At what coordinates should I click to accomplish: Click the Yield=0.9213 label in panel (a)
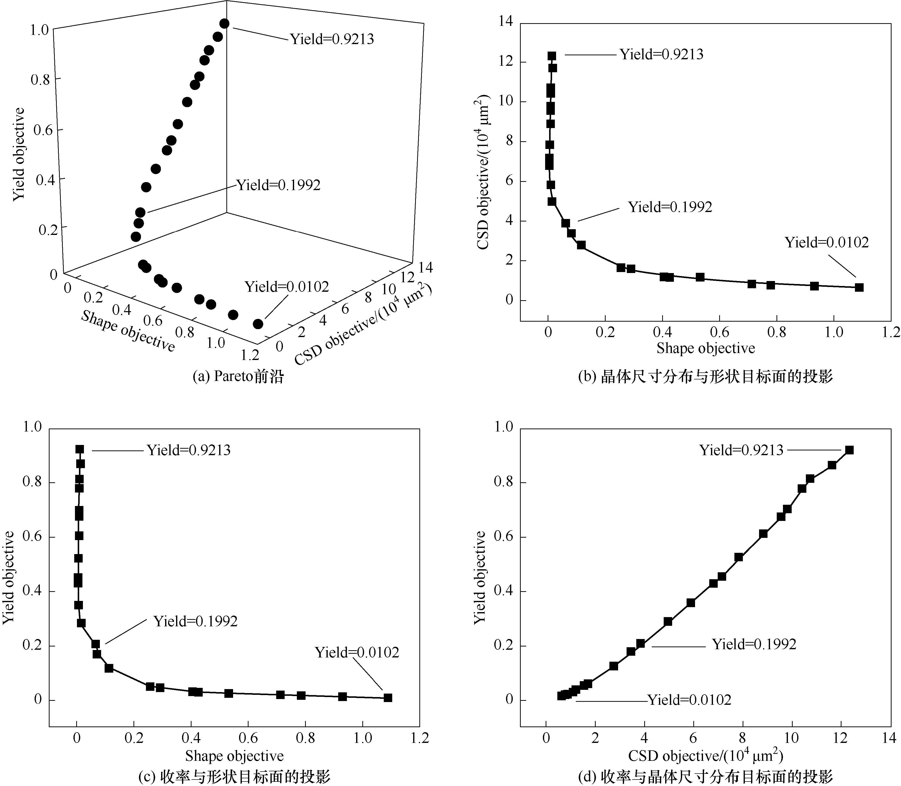pyautogui.click(x=332, y=39)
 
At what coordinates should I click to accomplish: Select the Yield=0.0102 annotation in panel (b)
pyautogui.click(x=827, y=243)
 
